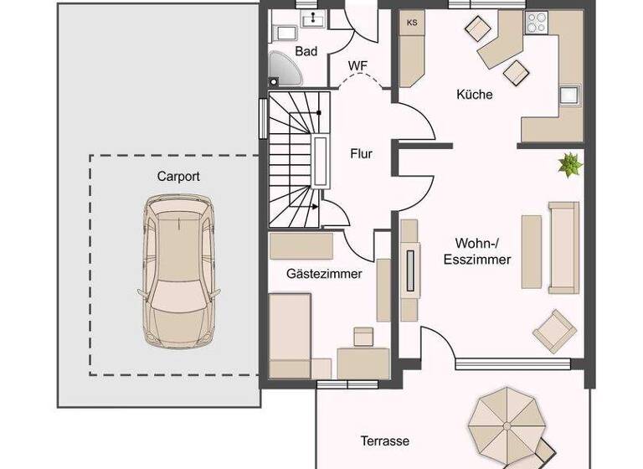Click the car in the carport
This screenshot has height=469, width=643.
pyautogui.click(x=177, y=271)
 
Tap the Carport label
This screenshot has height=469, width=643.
pyautogui.click(x=178, y=177)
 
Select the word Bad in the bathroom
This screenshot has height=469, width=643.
pyautogui.click(x=306, y=52)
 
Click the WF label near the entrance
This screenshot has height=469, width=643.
pyautogui.click(x=358, y=65)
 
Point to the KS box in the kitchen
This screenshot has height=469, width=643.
pyautogui.click(x=411, y=23)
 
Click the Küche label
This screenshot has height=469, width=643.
pyautogui.click(x=474, y=95)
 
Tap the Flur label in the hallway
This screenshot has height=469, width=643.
pyautogui.click(x=361, y=154)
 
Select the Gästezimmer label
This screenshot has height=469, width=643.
pyautogui.click(x=324, y=274)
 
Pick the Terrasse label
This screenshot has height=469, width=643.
pyautogui.click(x=385, y=441)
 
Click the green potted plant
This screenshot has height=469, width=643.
pyautogui.click(x=570, y=164)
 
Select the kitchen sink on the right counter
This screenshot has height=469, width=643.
pyautogui.click(x=570, y=95)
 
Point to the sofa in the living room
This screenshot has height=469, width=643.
pyautogui.click(x=563, y=247)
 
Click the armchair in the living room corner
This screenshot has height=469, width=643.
pyautogui.click(x=555, y=330)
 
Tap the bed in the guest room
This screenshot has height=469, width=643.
pyautogui.click(x=290, y=336)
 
